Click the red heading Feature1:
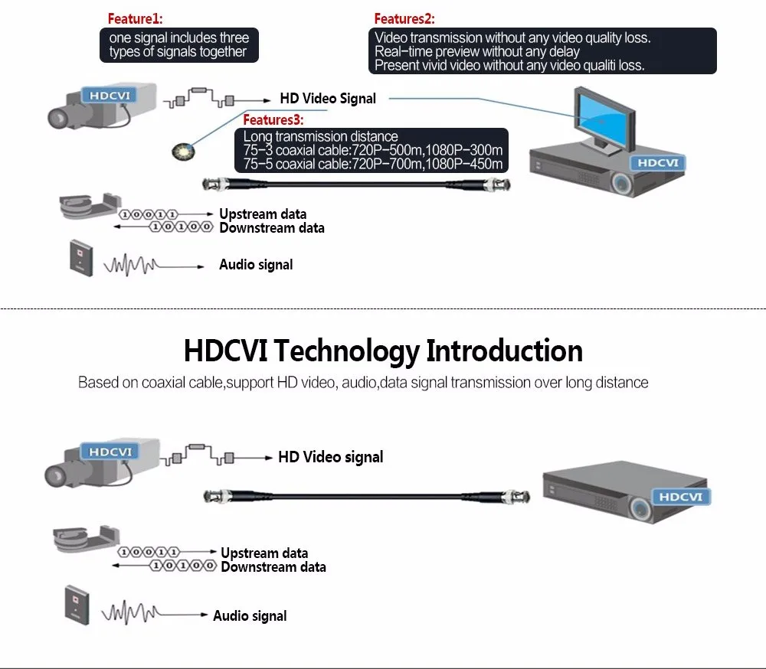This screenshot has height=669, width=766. point(135,18)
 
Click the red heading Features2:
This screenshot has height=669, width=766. point(404,18)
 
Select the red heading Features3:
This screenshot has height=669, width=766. point(273,120)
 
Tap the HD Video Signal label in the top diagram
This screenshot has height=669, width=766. point(328,98)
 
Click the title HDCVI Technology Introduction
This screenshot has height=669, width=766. point(383,351)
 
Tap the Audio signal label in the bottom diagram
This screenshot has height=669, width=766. point(250,615)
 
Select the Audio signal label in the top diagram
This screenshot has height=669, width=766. point(256,265)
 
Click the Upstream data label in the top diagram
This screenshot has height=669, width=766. point(263,214)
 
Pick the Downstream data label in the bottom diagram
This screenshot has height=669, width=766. point(273,567)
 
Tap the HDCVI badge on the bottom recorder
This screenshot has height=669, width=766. point(680,497)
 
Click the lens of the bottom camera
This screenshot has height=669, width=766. point(56,476)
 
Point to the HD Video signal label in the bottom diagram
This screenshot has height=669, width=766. point(330,457)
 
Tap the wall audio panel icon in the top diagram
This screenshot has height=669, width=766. point(80,256)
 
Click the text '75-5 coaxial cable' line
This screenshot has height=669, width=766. point(372,164)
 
